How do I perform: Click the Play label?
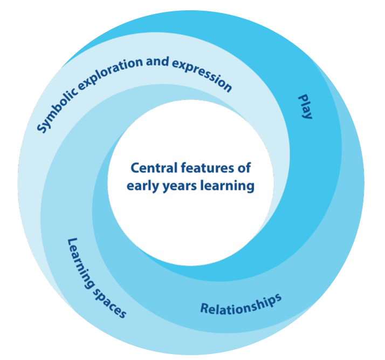click(x=306, y=106)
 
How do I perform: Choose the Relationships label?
click(x=240, y=304)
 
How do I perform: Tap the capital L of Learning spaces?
click(x=70, y=241)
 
